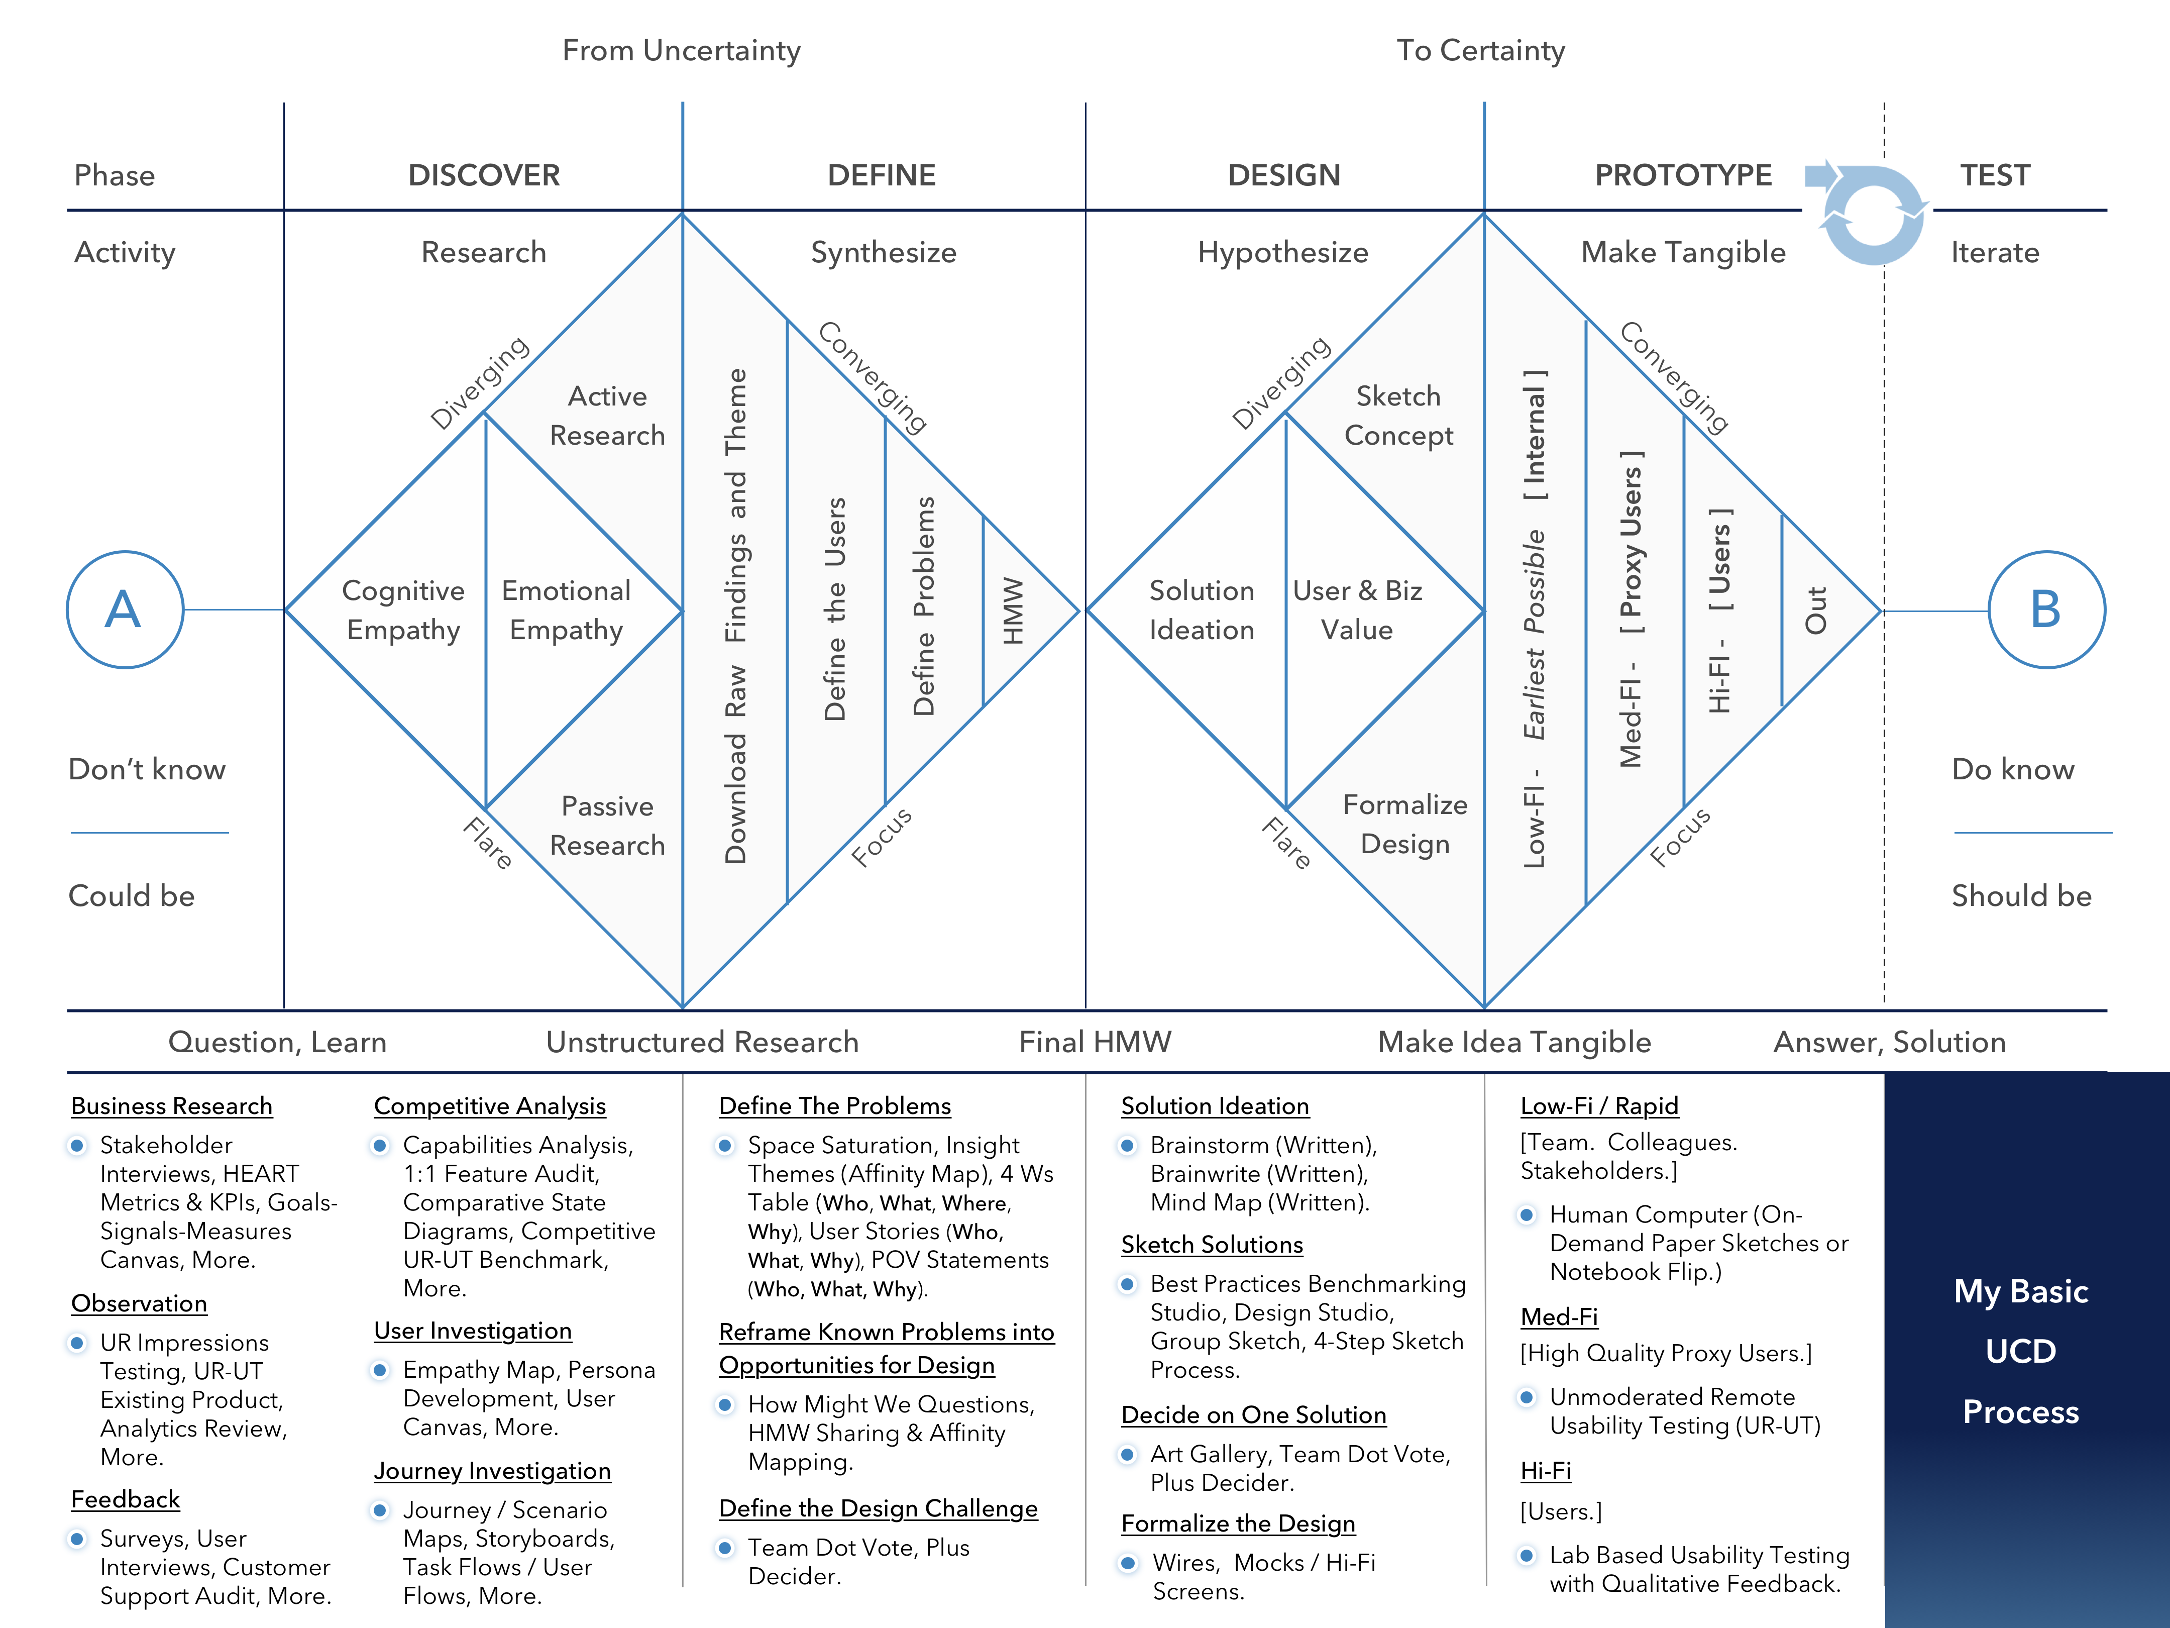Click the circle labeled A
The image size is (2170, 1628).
[125, 609]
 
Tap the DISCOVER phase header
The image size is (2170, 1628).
[484, 175]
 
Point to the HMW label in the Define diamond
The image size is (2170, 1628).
[1012, 610]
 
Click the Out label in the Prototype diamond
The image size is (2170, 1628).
[1816, 610]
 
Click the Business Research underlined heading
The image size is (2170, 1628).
[172, 1106]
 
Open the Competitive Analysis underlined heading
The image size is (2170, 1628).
[490, 1106]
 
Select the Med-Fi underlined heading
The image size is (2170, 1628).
[1559, 1317]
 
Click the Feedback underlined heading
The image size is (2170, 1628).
[126, 1499]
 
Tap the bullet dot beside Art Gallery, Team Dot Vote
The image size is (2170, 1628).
[1128, 1454]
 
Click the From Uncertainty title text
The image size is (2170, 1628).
[681, 50]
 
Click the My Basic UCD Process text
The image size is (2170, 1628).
[2021, 1351]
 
